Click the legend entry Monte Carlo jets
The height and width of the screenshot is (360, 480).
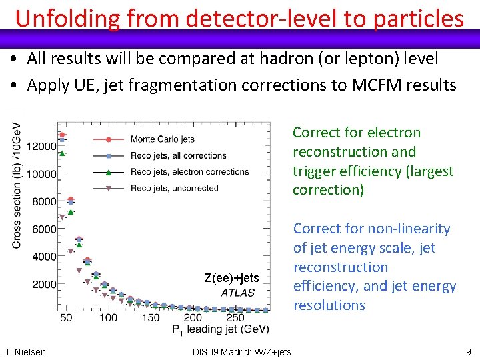pos(162,139)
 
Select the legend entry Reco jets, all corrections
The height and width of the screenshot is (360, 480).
pos(178,155)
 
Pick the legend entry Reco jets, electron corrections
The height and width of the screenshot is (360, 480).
pos(189,171)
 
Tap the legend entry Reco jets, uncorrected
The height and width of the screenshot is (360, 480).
pos(174,188)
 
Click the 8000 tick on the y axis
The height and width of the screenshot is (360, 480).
pos(44,201)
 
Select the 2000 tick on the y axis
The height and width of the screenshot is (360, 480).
pos(44,284)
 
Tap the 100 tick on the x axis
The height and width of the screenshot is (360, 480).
pos(108,318)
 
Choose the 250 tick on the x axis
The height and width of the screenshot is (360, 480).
pos(235,318)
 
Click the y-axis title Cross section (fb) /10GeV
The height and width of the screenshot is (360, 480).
pos(17,185)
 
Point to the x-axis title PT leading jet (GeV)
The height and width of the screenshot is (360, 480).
pos(221,329)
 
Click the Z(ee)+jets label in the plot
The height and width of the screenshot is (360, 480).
pos(231,278)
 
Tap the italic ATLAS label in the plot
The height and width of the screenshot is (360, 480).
pos(237,293)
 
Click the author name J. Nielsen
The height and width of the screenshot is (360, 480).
pos(25,352)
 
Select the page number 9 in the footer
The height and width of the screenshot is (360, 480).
pos(469,352)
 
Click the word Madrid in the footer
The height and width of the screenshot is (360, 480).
pos(235,352)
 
